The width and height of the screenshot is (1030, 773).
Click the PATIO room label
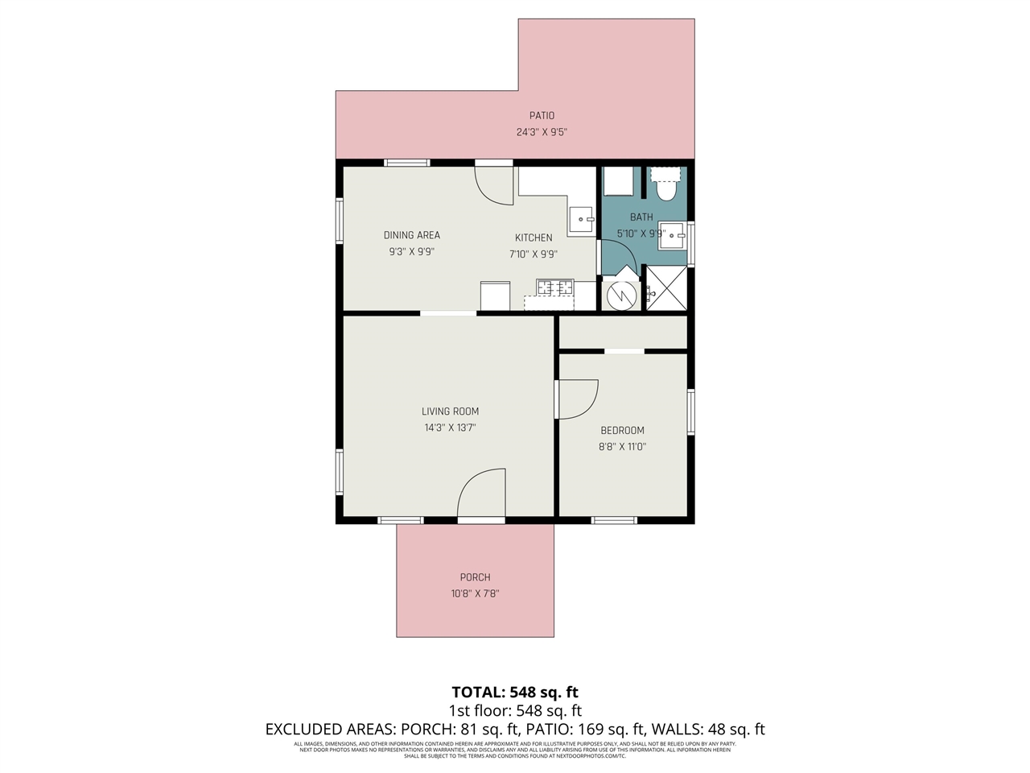click(x=542, y=115)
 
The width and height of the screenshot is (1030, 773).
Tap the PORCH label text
click(x=475, y=577)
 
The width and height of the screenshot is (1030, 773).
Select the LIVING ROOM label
click(x=450, y=411)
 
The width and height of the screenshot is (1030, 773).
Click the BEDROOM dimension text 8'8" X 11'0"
click(x=622, y=447)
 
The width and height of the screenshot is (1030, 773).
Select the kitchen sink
click(x=580, y=219)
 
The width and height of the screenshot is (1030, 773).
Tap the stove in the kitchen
click(x=555, y=287)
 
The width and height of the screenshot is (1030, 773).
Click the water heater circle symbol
click(x=620, y=295)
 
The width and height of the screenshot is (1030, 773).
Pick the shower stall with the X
click(x=667, y=287)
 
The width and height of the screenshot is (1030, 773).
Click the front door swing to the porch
click(x=482, y=494)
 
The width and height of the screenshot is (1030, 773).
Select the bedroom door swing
click(x=578, y=399)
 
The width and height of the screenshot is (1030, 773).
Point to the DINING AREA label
click(x=411, y=235)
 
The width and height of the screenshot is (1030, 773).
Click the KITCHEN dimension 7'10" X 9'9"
click(x=534, y=254)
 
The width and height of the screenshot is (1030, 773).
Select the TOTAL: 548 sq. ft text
click(x=515, y=692)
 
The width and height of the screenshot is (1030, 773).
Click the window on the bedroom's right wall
click(x=690, y=412)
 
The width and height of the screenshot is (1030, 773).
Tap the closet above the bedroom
click(x=623, y=333)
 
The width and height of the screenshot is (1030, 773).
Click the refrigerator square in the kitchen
click(x=495, y=296)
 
